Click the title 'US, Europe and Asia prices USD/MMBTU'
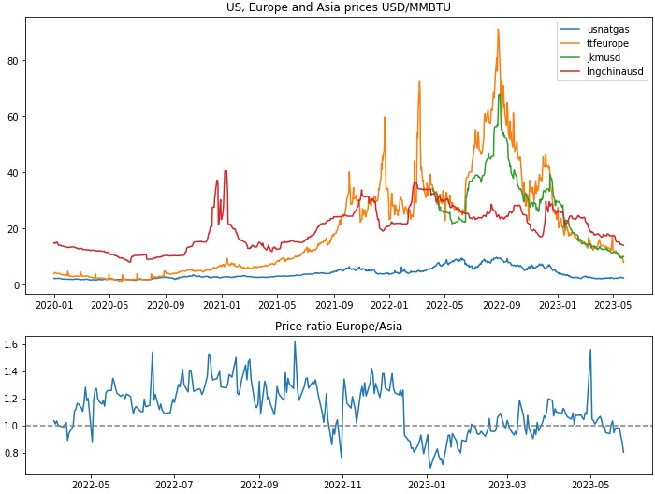coord(339,7)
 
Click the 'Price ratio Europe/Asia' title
coord(339,326)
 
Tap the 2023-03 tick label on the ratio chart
coord(508,485)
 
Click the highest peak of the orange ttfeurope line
coord(498,30)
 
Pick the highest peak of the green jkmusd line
coord(500,94)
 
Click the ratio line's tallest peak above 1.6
coord(295,341)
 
